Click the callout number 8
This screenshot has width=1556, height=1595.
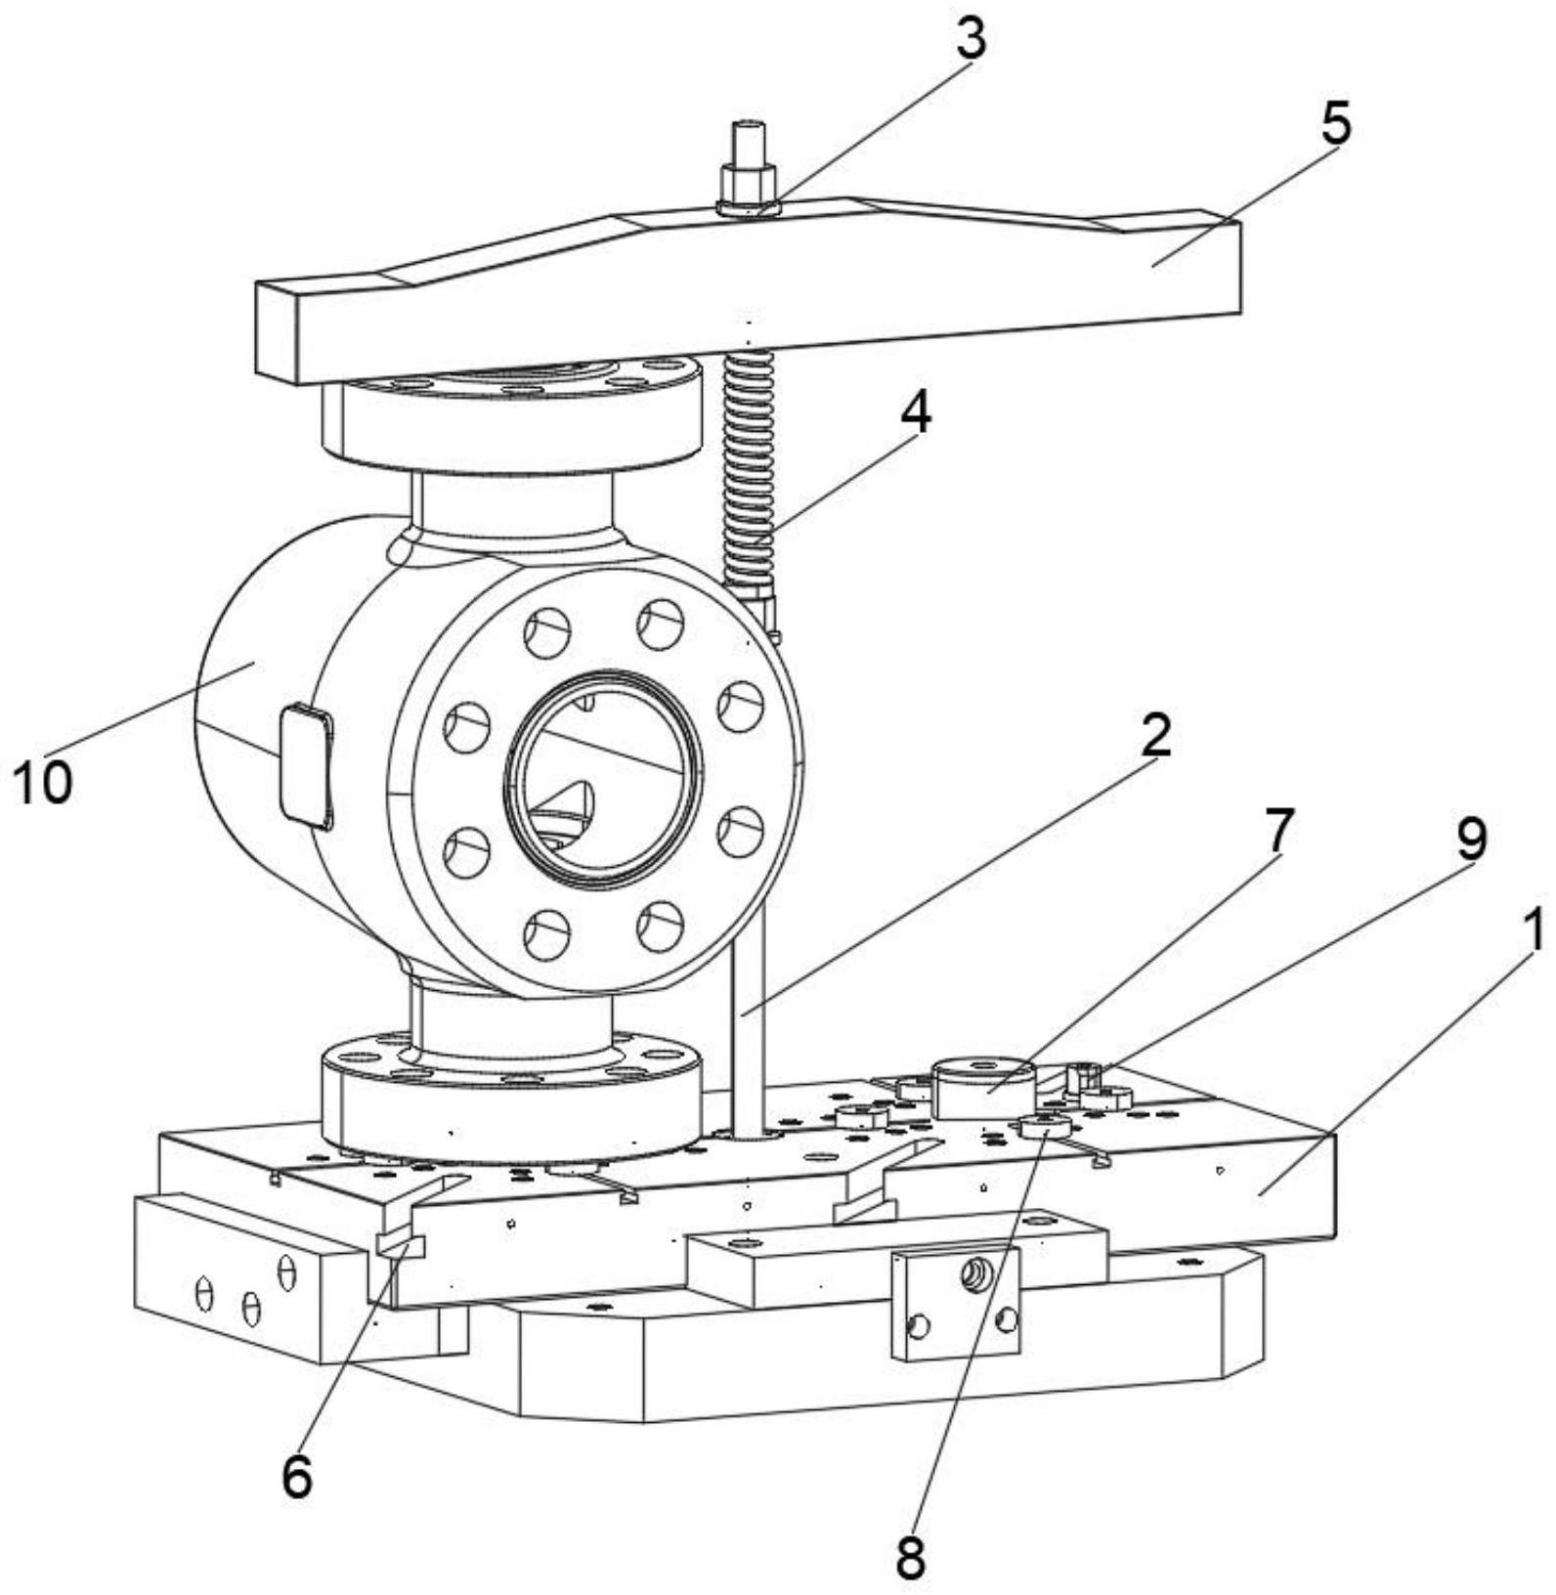click(910, 1558)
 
